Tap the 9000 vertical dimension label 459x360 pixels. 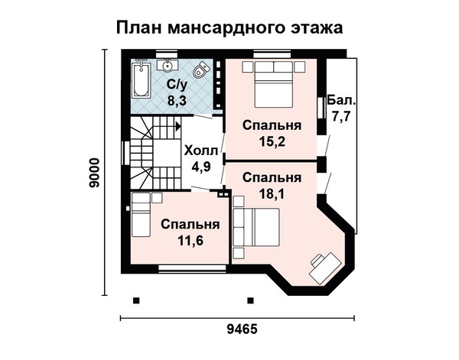coord(95,173)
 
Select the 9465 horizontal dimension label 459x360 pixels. coord(242,329)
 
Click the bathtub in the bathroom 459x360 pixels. coord(141,79)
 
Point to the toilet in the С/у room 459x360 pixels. coord(201,70)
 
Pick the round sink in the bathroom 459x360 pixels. coord(168,65)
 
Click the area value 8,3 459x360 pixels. coord(177,101)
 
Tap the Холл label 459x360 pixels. coord(200,151)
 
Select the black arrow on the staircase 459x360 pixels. coord(178,127)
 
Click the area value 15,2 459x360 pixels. coord(272,141)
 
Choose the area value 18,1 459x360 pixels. coord(272,193)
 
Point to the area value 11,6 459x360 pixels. coord(190,241)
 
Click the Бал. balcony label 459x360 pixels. coord(342,100)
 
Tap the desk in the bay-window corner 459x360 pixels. coord(325,268)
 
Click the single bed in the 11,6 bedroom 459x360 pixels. coord(141,214)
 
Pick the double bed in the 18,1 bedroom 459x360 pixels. coord(256,227)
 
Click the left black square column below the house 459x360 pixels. coord(136,300)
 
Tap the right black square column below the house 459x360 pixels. coord(250,300)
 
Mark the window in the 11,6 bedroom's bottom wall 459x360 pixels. coord(192,268)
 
